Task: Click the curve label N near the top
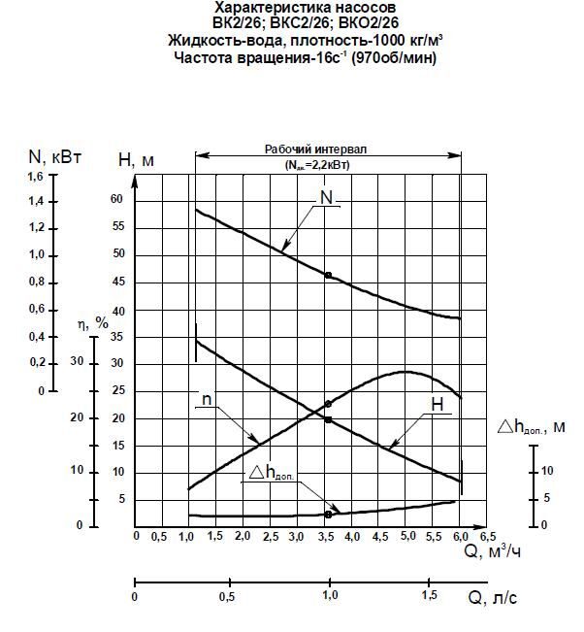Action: coord(327,198)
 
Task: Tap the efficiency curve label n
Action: coord(206,400)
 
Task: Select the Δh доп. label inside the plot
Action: coord(272,472)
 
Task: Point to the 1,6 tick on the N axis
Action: coord(35,176)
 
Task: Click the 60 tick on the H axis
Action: coord(117,199)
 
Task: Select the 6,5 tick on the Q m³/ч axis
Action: coord(488,537)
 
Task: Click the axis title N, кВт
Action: coord(54,155)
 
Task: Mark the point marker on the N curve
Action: coord(328,276)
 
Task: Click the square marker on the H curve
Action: coord(328,419)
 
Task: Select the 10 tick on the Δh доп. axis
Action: coord(545,471)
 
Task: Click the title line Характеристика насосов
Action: coord(293,8)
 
